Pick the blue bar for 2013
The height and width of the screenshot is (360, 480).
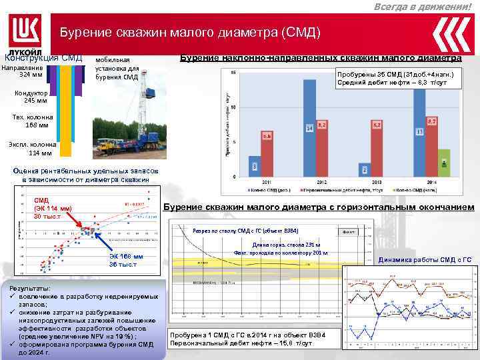[365, 170]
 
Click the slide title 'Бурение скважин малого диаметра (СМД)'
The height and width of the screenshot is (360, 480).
[190, 32]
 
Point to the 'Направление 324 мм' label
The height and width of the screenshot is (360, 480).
[23, 70]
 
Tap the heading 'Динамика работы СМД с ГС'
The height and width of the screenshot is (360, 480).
[424, 259]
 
